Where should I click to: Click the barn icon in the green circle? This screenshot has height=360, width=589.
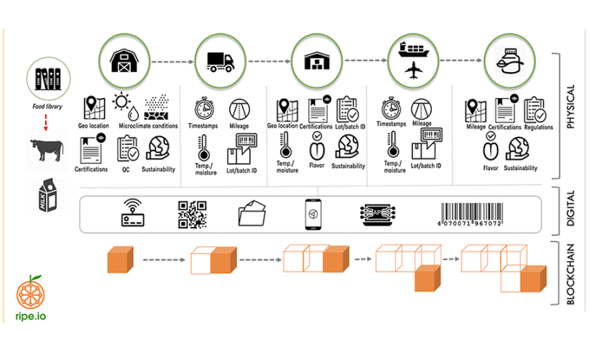pyautogui.click(x=124, y=60)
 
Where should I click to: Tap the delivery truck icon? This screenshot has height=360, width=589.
pyautogui.click(x=220, y=62)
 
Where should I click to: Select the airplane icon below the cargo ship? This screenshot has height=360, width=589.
pyautogui.click(x=414, y=71)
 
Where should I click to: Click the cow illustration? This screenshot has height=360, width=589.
pyautogui.click(x=47, y=150)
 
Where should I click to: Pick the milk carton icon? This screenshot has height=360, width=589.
pyautogui.click(x=48, y=195)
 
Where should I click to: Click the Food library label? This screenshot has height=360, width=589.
pyautogui.click(x=47, y=106)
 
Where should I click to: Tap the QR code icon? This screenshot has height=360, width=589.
pyautogui.click(x=192, y=215)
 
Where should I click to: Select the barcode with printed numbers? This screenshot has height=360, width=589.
pyautogui.click(x=471, y=215)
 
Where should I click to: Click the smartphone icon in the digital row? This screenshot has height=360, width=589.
pyautogui.click(x=313, y=215)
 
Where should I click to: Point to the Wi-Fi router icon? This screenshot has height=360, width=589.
pyautogui.click(x=132, y=212)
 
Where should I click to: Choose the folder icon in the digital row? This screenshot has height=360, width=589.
pyautogui.click(x=252, y=213)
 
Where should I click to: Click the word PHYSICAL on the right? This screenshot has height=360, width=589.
pyautogui.click(x=570, y=107)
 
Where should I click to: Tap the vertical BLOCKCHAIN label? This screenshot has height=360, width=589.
pyautogui.click(x=570, y=274)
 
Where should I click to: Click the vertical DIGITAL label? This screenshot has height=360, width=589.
pyautogui.click(x=570, y=209)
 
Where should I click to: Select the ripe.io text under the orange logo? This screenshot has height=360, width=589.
pyautogui.click(x=31, y=316)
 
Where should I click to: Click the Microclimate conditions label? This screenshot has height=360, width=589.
pyautogui.click(x=148, y=126)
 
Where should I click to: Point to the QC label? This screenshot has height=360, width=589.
pyautogui.click(x=126, y=169)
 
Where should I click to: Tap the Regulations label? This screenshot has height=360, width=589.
pyautogui.click(x=538, y=127)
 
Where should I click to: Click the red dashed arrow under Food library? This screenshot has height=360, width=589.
pyautogui.click(x=46, y=122)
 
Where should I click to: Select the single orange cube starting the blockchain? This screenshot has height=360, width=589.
pyautogui.click(x=120, y=260)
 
